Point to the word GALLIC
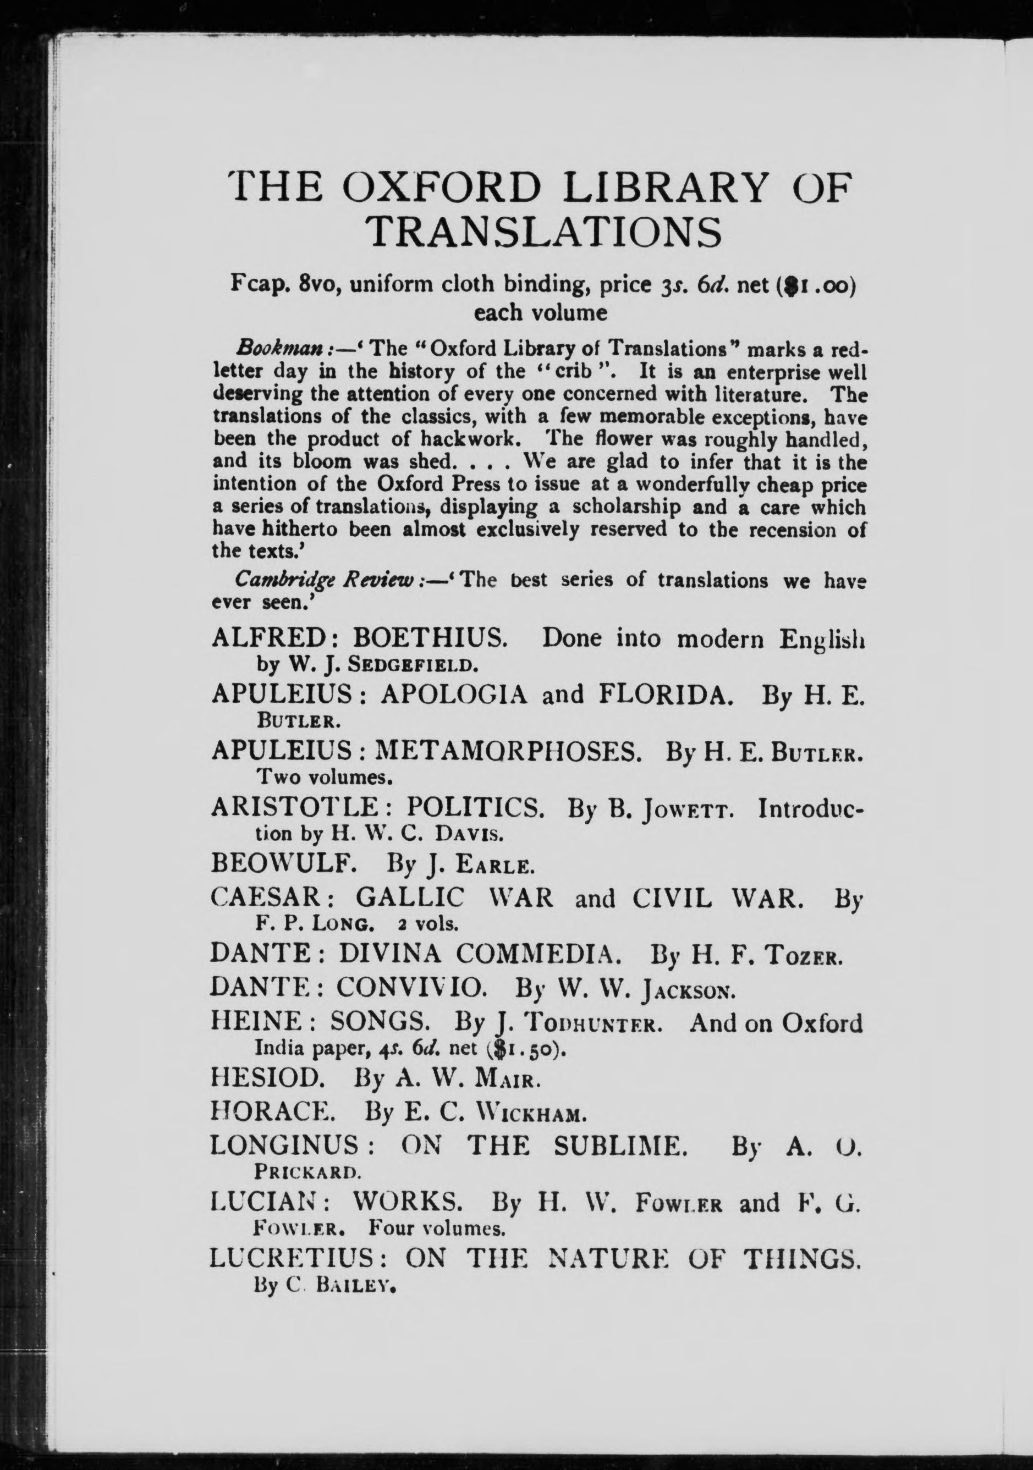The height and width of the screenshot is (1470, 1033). (410, 898)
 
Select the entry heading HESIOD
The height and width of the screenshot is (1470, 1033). (268, 1080)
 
